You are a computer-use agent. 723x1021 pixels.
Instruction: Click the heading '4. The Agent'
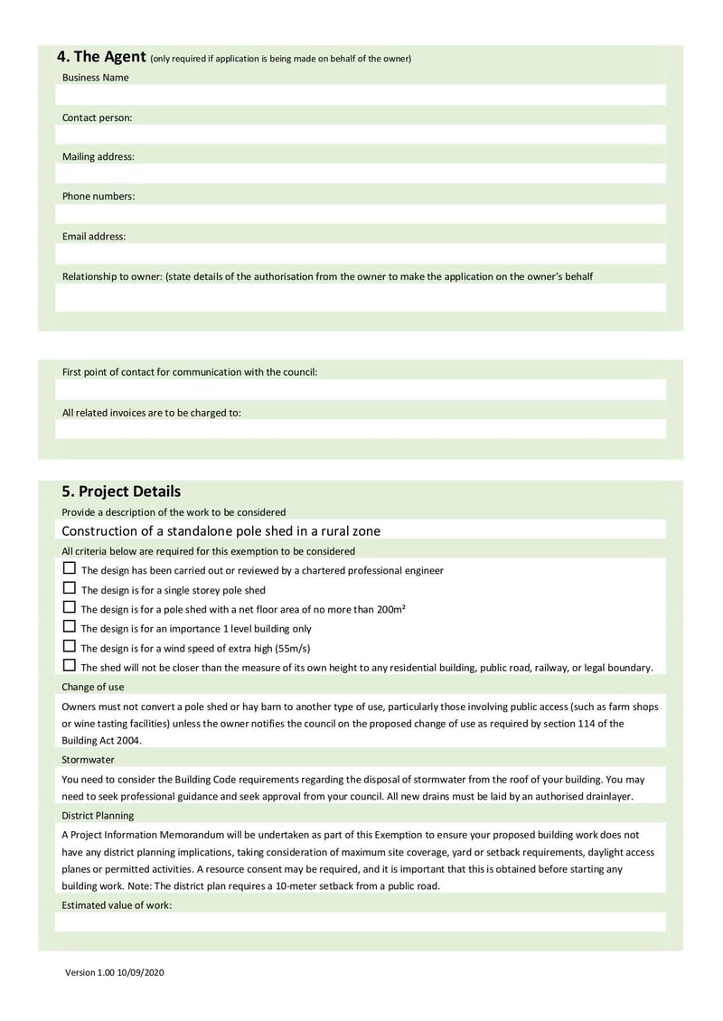tap(101, 57)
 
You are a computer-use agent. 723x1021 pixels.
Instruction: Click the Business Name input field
tap(361, 95)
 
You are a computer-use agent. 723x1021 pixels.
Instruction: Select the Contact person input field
tap(361, 135)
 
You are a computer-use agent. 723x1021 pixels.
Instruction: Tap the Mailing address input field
tap(361, 173)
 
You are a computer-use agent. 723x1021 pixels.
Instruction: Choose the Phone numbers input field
tap(361, 214)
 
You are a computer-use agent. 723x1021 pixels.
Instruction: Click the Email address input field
tap(361, 254)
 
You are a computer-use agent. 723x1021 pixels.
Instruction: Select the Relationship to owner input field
tap(361, 297)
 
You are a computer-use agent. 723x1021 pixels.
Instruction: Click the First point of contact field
tap(361, 389)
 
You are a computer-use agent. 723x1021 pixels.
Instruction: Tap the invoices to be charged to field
tap(361, 429)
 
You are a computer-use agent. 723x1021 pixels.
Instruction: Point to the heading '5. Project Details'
tap(121, 492)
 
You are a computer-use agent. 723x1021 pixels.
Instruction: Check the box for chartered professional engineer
tap(70, 569)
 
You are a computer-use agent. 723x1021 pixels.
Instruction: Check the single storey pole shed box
tap(70, 588)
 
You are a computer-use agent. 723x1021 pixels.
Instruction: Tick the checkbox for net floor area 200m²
tap(70, 608)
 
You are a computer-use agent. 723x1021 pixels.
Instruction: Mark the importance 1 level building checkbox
tap(70, 627)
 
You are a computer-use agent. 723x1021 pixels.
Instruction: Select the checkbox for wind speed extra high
tap(70, 647)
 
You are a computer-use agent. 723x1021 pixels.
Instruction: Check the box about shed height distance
tap(70, 666)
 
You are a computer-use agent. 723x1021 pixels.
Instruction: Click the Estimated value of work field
tap(361, 923)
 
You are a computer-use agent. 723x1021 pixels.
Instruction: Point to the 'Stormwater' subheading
tap(89, 760)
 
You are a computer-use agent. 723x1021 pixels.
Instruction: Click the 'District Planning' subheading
tap(98, 816)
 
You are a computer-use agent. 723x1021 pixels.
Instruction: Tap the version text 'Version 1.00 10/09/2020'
tap(114, 972)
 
